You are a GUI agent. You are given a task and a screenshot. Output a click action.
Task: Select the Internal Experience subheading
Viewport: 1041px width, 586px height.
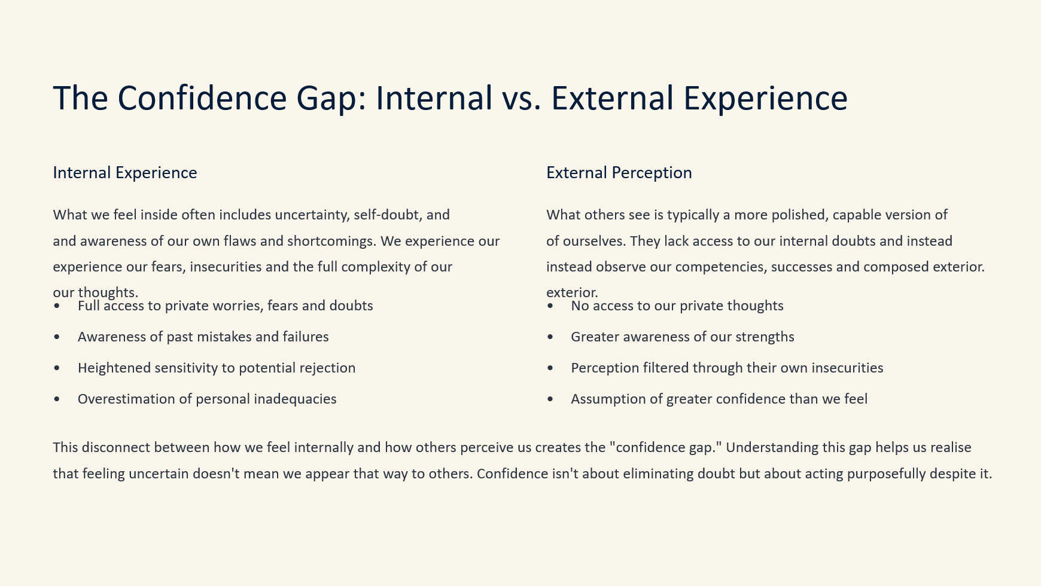coord(125,173)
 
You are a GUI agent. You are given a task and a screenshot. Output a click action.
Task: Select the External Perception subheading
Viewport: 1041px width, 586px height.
coord(619,173)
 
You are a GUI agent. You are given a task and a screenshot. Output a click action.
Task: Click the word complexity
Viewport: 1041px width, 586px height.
coord(375,267)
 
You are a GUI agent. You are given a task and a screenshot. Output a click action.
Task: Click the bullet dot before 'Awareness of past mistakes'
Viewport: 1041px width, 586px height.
coord(57,337)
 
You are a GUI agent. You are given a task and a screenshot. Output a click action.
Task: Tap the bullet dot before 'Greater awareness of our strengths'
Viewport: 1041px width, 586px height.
coord(550,337)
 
